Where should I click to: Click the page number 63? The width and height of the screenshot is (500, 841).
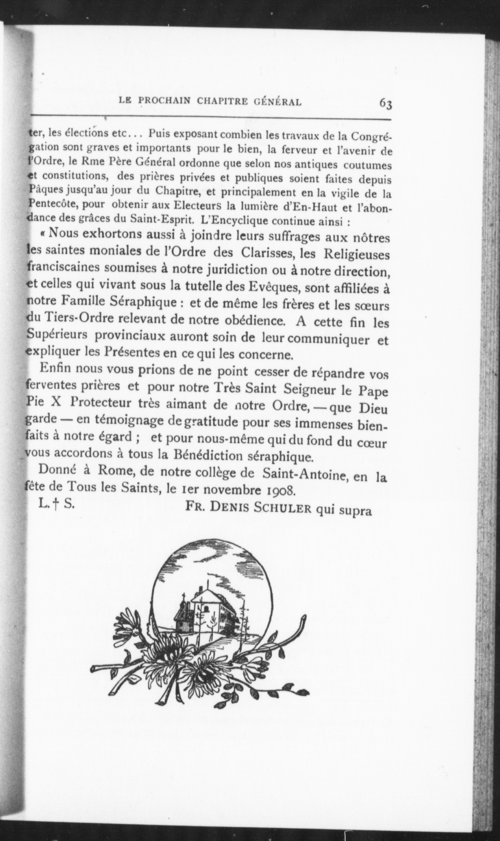(x=386, y=103)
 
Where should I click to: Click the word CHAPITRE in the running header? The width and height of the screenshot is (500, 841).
(x=222, y=101)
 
